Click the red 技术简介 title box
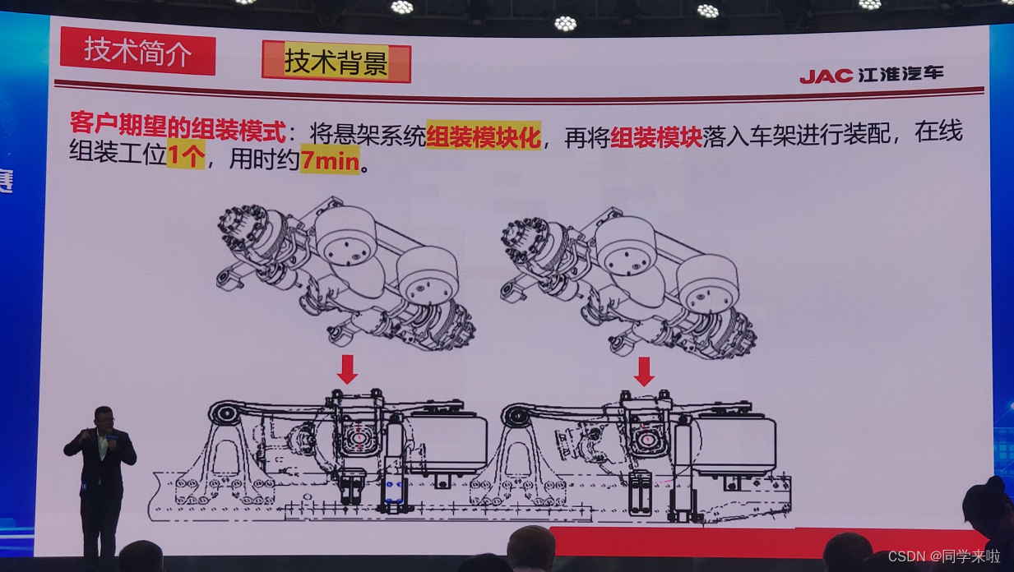click(x=137, y=51)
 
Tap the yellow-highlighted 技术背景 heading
click(x=336, y=62)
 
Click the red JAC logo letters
click(x=826, y=76)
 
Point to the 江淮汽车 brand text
click(x=901, y=74)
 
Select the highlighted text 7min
click(x=330, y=159)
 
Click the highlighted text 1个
click(x=186, y=155)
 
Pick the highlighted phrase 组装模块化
click(x=484, y=136)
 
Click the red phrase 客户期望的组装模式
click(x=178, y=128)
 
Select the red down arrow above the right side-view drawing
click(x=644, y=371)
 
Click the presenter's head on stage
click(x=104, y=418)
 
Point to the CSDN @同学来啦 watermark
click(x=944, y=556)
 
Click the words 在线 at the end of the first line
click(x=938, y=131)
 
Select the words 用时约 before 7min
click(x=264, y=159)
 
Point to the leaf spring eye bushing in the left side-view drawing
click(x=224, y=413)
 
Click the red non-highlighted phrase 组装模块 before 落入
click(x=656, y=136)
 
